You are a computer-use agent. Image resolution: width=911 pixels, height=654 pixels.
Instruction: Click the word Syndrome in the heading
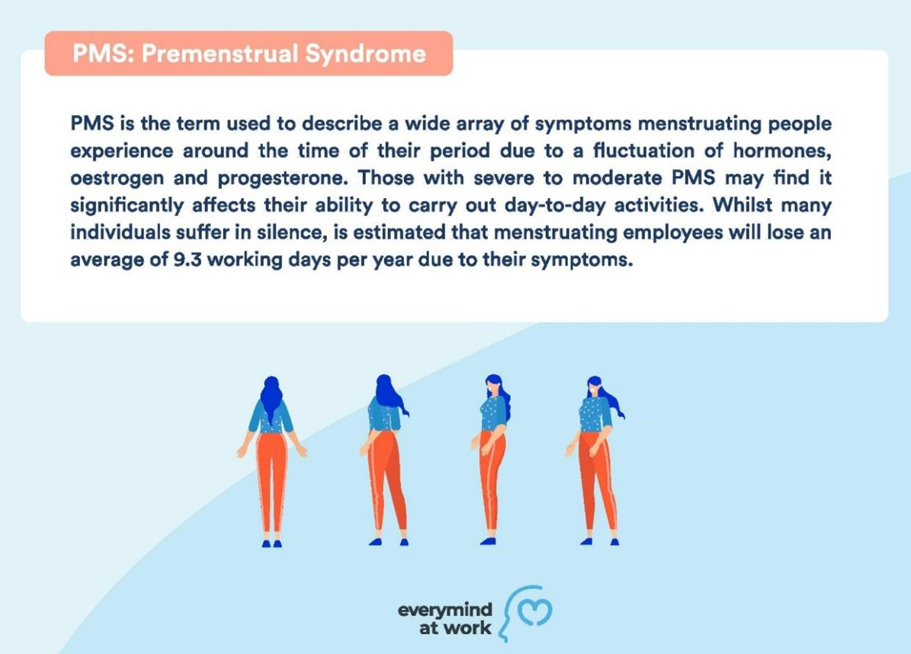pyautogui.click(x=365, y=54)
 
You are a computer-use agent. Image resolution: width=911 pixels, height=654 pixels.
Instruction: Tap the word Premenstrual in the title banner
pyautogui.click(x=220, y=53)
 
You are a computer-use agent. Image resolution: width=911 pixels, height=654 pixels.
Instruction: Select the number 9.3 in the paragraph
pyautogui.click(x=188, y=259)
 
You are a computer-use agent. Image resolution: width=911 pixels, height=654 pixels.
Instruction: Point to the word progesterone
pyautogui.click(x=284, y=178)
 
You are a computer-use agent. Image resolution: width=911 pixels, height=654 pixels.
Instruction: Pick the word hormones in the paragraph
pyautogui.click(x=782, y=150)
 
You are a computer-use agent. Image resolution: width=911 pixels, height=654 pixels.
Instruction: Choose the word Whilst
pyautogui.click(x=743, y=205)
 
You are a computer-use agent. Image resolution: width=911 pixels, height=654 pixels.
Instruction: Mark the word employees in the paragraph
pyautogui.click(x=673, y=233)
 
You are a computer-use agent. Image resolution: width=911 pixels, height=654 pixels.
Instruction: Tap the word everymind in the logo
pyautogui.click(x=445, y=609)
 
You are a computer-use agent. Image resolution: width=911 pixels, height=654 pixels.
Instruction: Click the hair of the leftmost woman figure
pyautogui.click(x=271, y=396)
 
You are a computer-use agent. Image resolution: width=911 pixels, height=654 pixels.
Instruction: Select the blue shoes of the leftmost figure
pyautogui.click(x=271, y=543)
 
